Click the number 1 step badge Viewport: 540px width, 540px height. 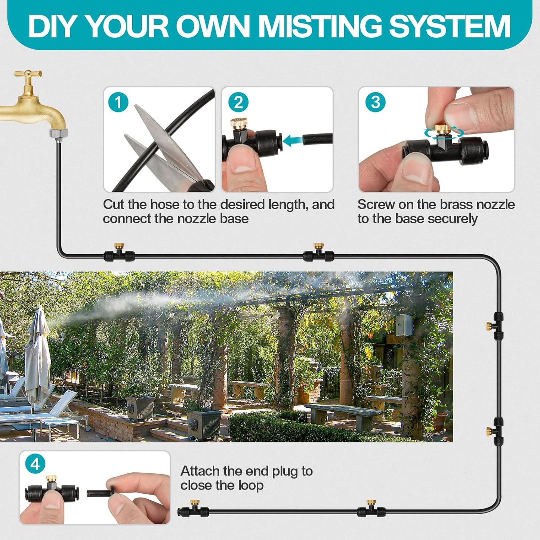tap(118, 102)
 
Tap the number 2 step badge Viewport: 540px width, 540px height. tap(238, 102)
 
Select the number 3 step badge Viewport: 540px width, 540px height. tap(375, 102)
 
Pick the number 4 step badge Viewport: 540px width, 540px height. tap(35, 464)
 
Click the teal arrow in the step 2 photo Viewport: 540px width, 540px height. tap(292, 141)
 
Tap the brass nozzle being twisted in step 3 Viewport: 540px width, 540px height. tap(443, 129)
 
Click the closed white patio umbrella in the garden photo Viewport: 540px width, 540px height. tap(37, 355)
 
